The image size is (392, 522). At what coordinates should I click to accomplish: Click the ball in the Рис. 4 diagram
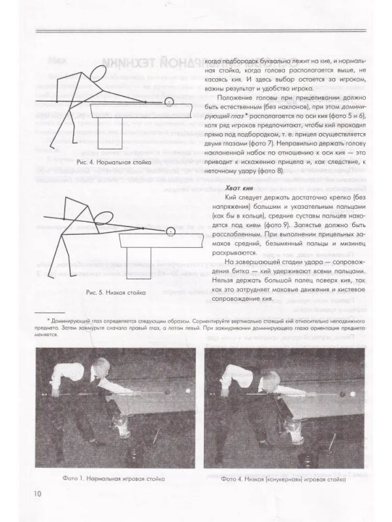coord(169,101)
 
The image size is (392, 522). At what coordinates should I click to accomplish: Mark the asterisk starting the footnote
coord(40,322)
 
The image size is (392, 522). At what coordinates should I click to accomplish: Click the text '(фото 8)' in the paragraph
coord(252,171)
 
